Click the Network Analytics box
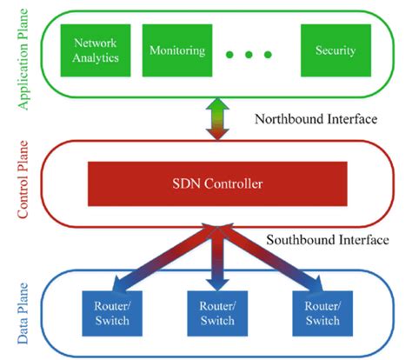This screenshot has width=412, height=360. point(96,50)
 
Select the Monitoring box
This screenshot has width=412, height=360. point(176,50)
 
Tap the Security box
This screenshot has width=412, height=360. point(335,50)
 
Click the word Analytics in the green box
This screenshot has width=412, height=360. point(96,59)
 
